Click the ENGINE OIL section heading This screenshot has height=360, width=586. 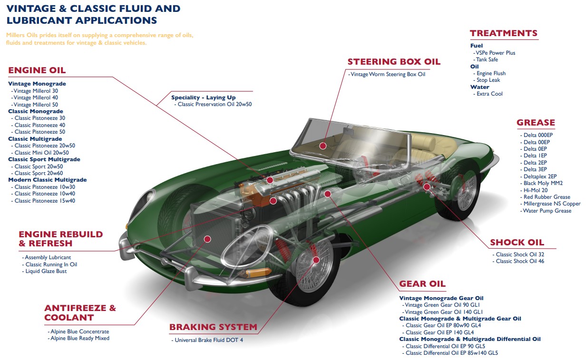[37, 71]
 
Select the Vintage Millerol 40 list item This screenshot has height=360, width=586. [36, 97]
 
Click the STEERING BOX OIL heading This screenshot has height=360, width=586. [394, 62]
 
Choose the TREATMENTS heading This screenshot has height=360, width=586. [503, 33]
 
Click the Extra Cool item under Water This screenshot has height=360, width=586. [489, 94]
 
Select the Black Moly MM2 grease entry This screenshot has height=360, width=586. [543, 183]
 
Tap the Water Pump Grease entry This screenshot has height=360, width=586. [547, 211]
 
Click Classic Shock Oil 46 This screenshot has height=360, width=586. [520, 261]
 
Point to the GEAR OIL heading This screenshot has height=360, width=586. [422, 284]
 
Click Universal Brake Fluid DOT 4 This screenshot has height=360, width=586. [208, 340]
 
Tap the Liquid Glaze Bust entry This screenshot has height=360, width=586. [46, 271]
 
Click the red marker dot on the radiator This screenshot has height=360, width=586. [207, 239]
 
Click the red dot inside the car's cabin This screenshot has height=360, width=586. [322, 146]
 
